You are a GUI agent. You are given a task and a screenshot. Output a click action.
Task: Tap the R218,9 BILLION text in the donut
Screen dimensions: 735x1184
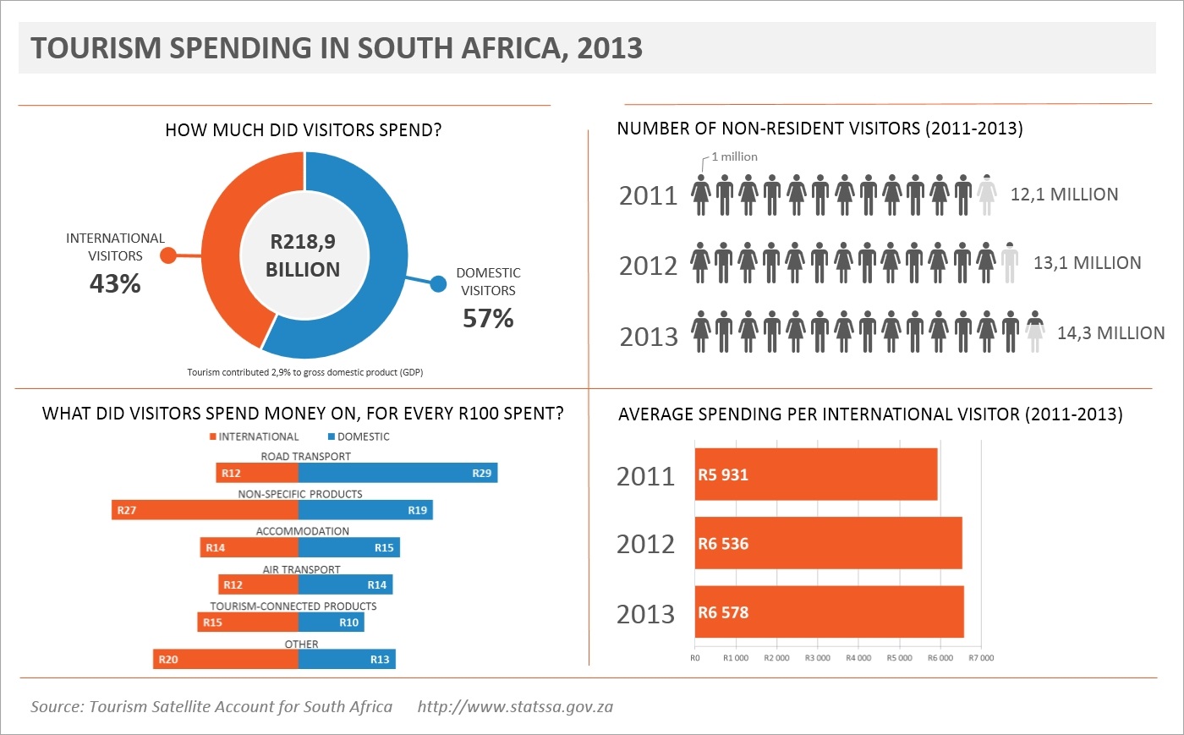(x=303, y=255)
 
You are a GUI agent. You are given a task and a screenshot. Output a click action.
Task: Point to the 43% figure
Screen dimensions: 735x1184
(x=115, y=284)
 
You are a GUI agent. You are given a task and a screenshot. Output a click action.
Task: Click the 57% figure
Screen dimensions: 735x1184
(x=488, y=319)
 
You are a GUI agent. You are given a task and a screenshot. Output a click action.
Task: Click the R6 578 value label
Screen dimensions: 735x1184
(x=723, y=613)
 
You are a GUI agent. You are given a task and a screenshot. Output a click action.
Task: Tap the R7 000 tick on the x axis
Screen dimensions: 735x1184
(x=981, y=658)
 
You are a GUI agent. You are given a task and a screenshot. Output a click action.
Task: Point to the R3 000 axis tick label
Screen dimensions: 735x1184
(x=817, y=658)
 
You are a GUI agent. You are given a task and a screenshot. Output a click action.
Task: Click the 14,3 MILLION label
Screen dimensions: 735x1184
(x=1110, y=333)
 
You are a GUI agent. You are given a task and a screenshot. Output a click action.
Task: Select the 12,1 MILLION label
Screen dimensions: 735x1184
(x=1064, y=195)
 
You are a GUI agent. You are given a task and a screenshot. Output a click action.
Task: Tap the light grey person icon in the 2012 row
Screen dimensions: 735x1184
(x=1010, y=262)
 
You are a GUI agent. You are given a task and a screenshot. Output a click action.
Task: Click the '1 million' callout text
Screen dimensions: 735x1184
(x=734, y=156)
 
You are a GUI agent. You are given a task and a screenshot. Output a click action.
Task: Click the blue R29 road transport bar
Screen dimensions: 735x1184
(x=397, y=473)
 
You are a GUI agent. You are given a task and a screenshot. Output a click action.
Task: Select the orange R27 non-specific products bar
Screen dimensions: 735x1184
(x=205, y=510)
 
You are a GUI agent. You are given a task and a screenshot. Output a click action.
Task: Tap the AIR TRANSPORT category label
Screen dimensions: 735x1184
(x=301, y=569)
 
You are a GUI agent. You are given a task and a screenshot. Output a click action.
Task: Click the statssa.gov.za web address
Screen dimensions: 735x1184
(x=515, y=707)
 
